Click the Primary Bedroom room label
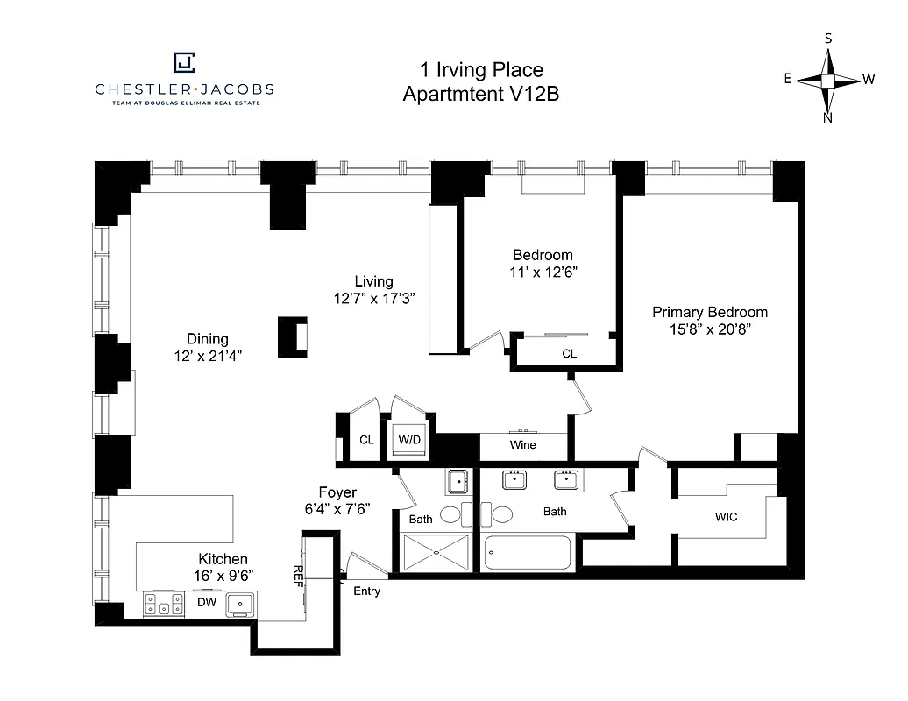pyautogui.click(x=709, y=313)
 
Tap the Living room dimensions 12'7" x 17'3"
pyautogui.click(x=373, y=298)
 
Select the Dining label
pyautogui.click(x=207, y=339)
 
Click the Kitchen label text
pyautogui.click(x=223, y=559)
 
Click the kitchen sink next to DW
pyautogui.click(x=240, y=604)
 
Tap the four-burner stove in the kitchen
pyautogui.click(x=164, y=604)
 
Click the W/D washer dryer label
pyautogui.click(x=409, y=440)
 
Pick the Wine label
pyautogui.click(x=522, y=445)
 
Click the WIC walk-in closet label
pyautogui.click(x=726, y=517)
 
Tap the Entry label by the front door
pyautogui.click(x=366, y=591)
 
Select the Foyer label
pyautogui.click(x=337, y=493)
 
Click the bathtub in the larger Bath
pyautogui.click(x=528, y=553)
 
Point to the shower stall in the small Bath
pyautogui.click(x=436, y=552)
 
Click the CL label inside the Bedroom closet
pyautogui.click(x=569, y=354)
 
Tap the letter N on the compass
pyautogui.click(x=827, y=118)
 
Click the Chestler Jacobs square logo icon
pyautogui.click(x=184, y=62)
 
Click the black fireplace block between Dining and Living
pyautogui.click(x=292, y=336)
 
